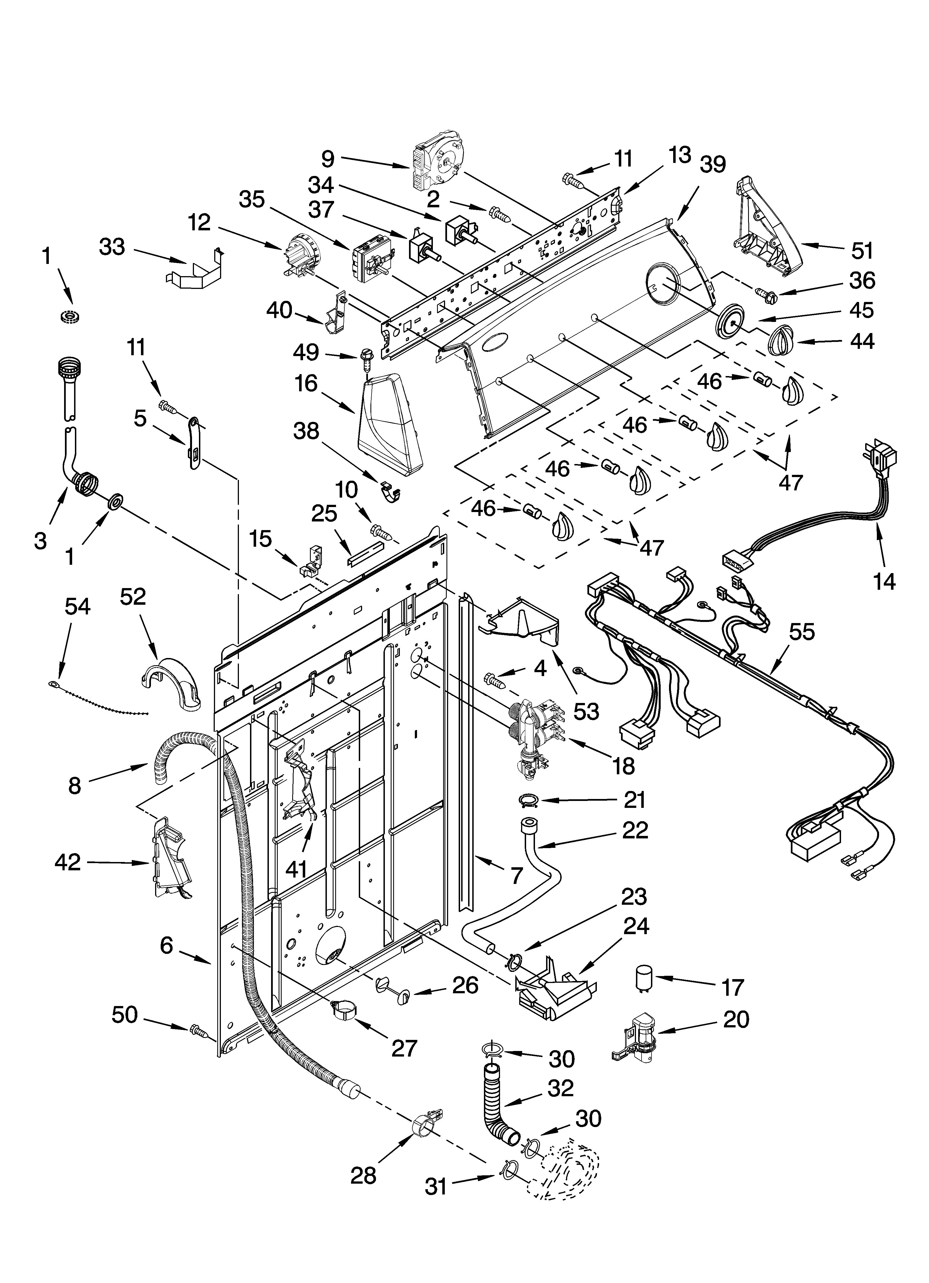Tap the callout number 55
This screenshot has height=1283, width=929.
(x=802, y=632)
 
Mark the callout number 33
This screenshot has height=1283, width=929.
(x=112, y=247)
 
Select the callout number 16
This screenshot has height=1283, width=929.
(x=306, y=384)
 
